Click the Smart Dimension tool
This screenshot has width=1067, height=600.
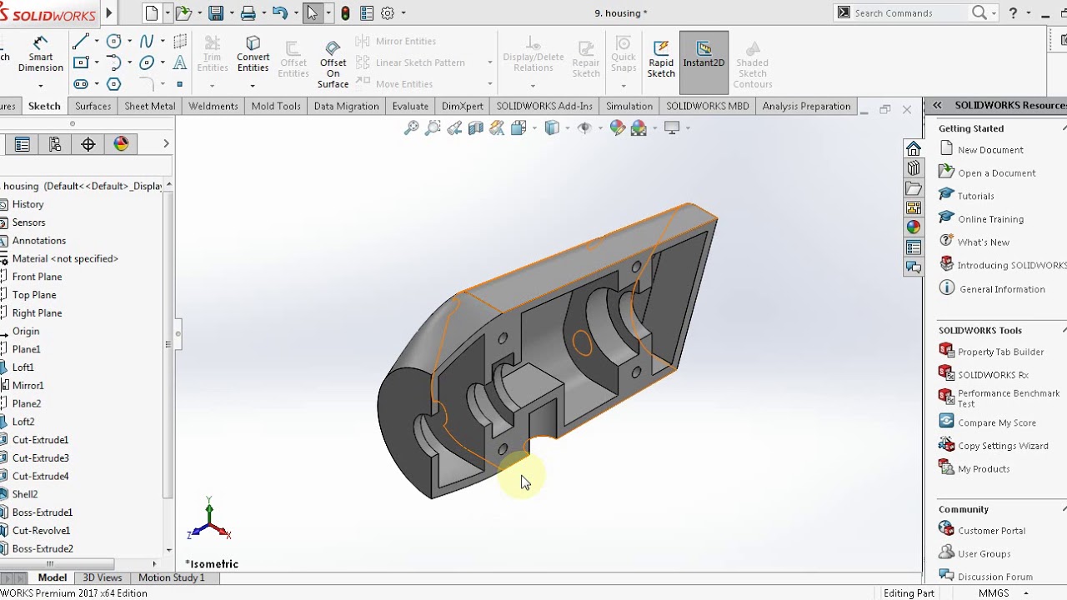tap(40, 54)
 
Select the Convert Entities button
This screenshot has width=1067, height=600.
tap(253, 54)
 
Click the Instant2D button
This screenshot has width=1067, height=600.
tap(704, 54)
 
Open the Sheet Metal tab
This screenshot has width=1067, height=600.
tap(150, 106)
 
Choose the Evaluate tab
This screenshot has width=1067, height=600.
tap(410, 106)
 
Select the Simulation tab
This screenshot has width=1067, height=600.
tap(629, 106)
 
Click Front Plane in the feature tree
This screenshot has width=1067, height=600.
tap(37, 277)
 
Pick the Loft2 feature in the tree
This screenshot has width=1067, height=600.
tap(23, 422)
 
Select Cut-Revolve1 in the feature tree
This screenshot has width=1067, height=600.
tap(41, 530)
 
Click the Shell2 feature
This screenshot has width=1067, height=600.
tap(25, 494)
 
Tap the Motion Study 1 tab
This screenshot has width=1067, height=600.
tap(171, 577)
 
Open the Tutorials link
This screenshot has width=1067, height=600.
tap(975, 196)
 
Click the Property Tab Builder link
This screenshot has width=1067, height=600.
tap(1000, 352)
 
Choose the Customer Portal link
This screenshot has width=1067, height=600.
tap(991, 531)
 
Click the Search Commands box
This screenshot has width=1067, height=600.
tap(909, 12)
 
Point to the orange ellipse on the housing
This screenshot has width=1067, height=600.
tap(582, 342)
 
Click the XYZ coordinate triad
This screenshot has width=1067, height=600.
tap(208, 522)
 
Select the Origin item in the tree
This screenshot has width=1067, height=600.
tap(26, 331)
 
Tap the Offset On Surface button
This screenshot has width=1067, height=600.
tap(333, 63)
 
